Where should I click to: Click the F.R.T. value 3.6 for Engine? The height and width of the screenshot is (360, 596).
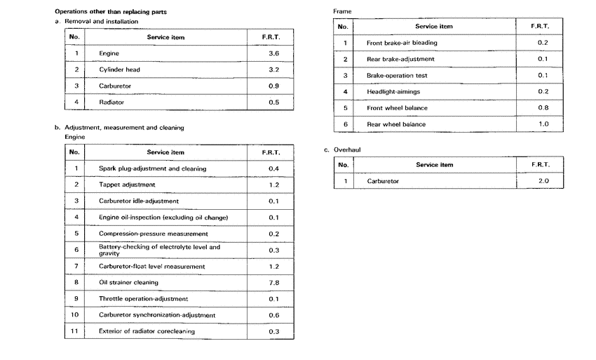(x=273, y=53)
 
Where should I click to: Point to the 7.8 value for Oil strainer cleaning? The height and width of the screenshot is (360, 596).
(x=273, y=283)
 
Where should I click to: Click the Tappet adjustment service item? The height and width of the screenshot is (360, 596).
(x=127, y=185)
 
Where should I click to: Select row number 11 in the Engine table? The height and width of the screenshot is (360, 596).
(x=76, y=331)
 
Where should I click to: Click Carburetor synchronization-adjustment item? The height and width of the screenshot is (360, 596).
(x=157, y=315)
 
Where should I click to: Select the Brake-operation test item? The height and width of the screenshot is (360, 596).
(x=397, y=75)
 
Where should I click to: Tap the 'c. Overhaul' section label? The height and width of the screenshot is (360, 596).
(x=344, y=149)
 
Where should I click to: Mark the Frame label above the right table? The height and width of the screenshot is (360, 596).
(x=343, y=11)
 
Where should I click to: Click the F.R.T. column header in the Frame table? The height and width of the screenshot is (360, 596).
(x=541, y=27)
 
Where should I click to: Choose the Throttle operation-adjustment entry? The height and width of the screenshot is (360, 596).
(x=143, y=299)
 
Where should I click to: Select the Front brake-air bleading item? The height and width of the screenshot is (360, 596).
(x=402, y=43)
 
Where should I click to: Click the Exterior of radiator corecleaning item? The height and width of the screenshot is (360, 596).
(x=147, y=331)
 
